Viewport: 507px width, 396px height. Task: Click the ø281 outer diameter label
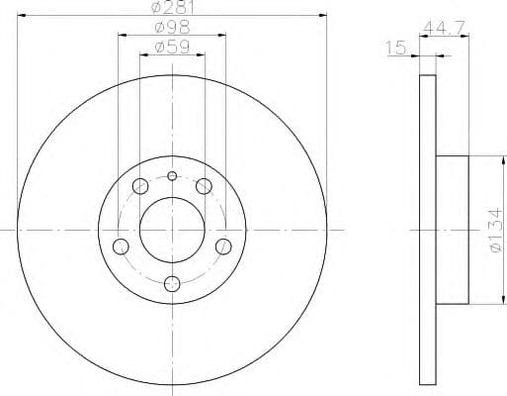[x=172, y=9]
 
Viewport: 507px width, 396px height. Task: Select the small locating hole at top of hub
[x=172, y=176]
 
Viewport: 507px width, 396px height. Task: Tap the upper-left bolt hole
[x=139, y=185]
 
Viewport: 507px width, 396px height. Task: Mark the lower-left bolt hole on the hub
[x=122, y=246]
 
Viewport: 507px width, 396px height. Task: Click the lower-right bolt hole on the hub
[x=223, y=246]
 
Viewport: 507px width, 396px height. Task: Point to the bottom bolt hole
[x=172, y=283]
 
